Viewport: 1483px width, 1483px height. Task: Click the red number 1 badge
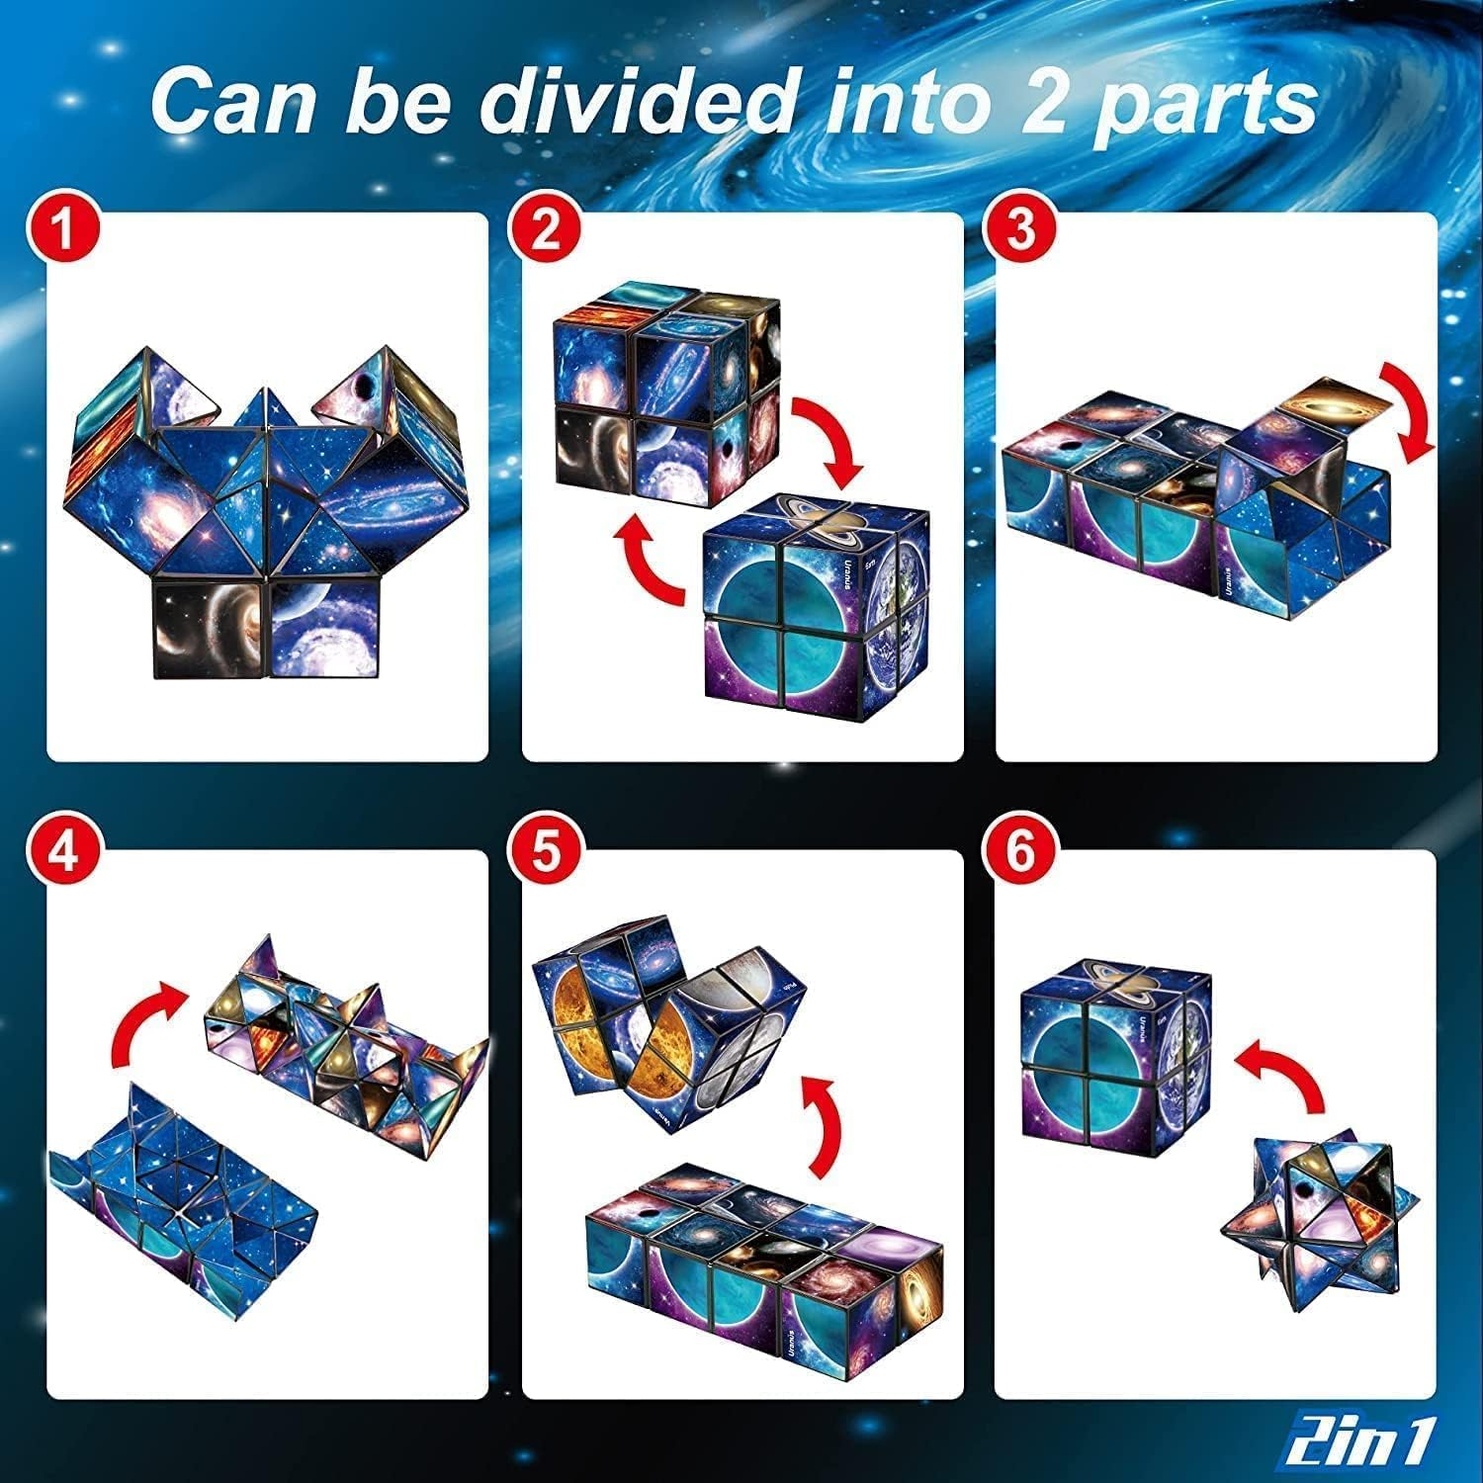[64, 230]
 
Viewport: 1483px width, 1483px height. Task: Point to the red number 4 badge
[64, 852]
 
